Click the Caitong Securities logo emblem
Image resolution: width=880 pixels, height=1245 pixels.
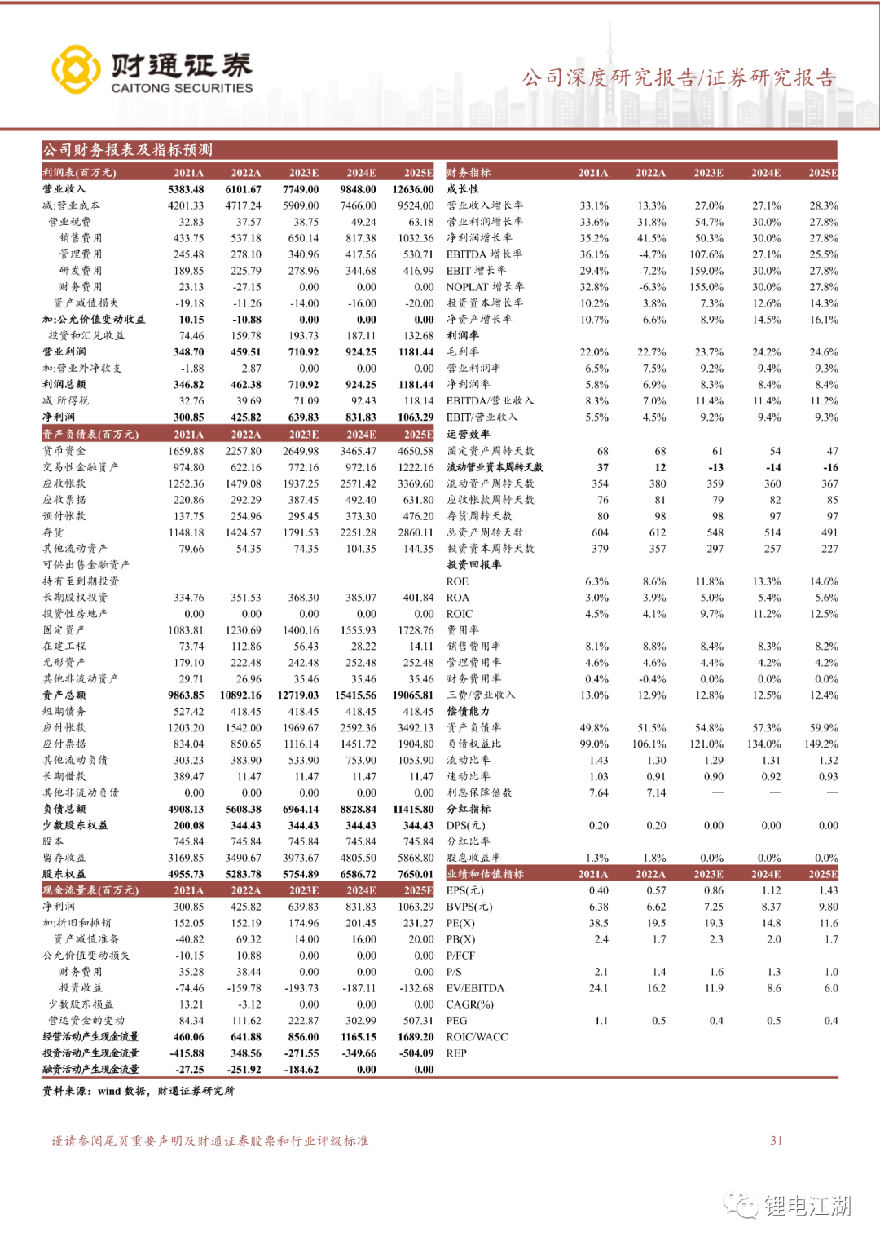76,70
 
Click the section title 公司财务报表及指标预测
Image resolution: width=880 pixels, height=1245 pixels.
127,150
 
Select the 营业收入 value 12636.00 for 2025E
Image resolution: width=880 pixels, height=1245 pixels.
413,189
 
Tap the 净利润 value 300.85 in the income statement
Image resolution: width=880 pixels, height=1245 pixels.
188,417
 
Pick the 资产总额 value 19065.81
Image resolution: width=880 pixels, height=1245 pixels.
413,695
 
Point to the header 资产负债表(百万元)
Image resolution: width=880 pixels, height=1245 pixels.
90,435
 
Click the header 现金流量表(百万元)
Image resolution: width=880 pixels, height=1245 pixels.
90,890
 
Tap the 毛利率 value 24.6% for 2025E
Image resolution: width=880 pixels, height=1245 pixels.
824,352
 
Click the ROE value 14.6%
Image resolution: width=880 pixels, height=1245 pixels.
824,581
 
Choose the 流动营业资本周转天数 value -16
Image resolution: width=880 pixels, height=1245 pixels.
830,467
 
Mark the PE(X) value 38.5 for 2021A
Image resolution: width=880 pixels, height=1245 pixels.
599,923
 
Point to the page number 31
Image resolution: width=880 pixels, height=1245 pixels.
777,1141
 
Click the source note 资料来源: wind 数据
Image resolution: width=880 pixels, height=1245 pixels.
138,1091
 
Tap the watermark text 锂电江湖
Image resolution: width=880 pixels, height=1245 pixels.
807,1205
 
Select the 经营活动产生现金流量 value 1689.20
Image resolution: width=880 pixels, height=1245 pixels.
416,1037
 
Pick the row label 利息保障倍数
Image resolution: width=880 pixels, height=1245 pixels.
479,792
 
